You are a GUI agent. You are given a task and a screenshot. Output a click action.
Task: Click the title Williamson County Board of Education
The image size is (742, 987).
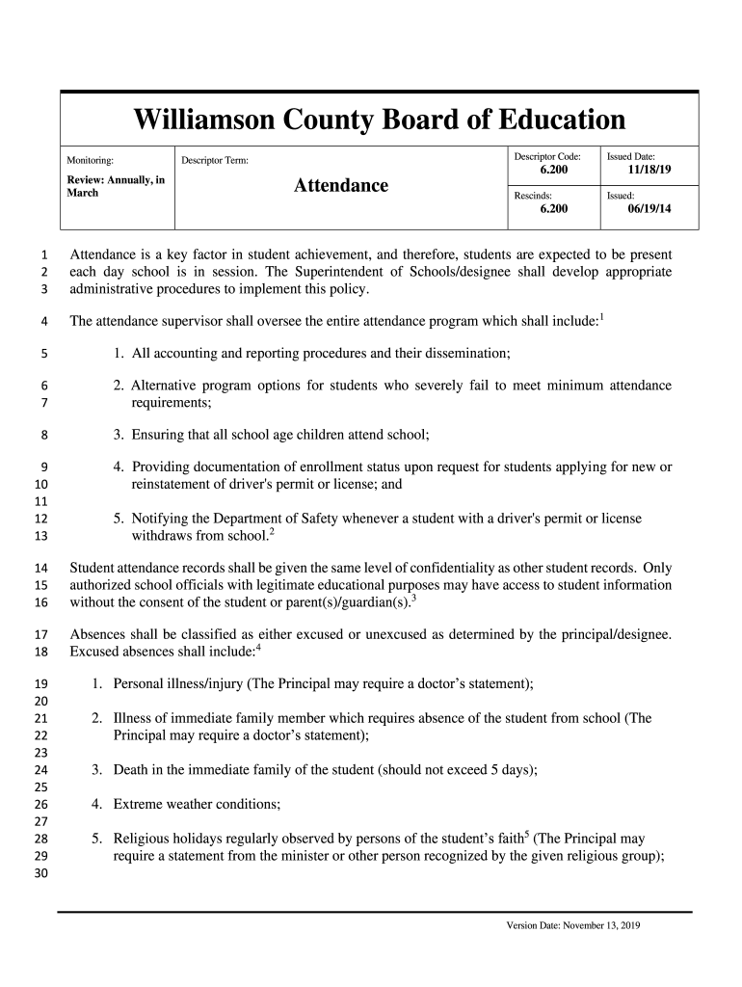379,120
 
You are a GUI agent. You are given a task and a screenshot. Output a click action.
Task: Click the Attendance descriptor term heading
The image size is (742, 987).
340,185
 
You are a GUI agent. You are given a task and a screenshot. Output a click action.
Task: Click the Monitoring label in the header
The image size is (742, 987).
90,160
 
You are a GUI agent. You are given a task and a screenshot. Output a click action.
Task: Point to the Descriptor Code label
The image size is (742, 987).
546,155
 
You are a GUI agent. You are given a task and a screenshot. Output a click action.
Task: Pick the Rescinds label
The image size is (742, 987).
532,195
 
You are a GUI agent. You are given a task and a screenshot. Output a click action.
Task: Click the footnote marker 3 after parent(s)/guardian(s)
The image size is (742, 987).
413,598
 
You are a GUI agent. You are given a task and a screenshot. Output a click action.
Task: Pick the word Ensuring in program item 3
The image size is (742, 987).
161,435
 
